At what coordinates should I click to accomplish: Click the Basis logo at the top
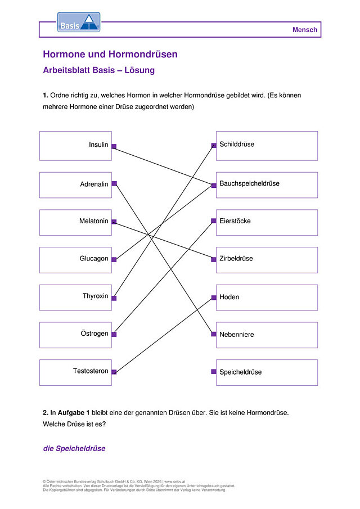79,22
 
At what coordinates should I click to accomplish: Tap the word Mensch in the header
304,30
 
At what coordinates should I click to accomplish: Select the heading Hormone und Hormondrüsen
110,54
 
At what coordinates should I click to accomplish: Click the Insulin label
98,145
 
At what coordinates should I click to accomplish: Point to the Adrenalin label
94,184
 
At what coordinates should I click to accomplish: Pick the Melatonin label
94,221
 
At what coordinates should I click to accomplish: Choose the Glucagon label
94,258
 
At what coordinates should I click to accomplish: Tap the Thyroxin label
96,296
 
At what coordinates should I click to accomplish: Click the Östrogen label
94,334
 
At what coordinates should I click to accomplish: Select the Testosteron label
91,371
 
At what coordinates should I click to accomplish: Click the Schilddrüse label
237,144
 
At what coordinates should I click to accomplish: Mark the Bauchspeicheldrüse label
249,183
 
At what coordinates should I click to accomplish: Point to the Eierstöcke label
235,221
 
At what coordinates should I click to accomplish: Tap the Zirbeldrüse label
236,258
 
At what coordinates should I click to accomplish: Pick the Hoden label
229,297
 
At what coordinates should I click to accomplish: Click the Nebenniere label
237,334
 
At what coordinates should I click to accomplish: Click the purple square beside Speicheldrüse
214,371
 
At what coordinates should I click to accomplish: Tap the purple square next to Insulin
114,146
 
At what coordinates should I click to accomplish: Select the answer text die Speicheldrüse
74,448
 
